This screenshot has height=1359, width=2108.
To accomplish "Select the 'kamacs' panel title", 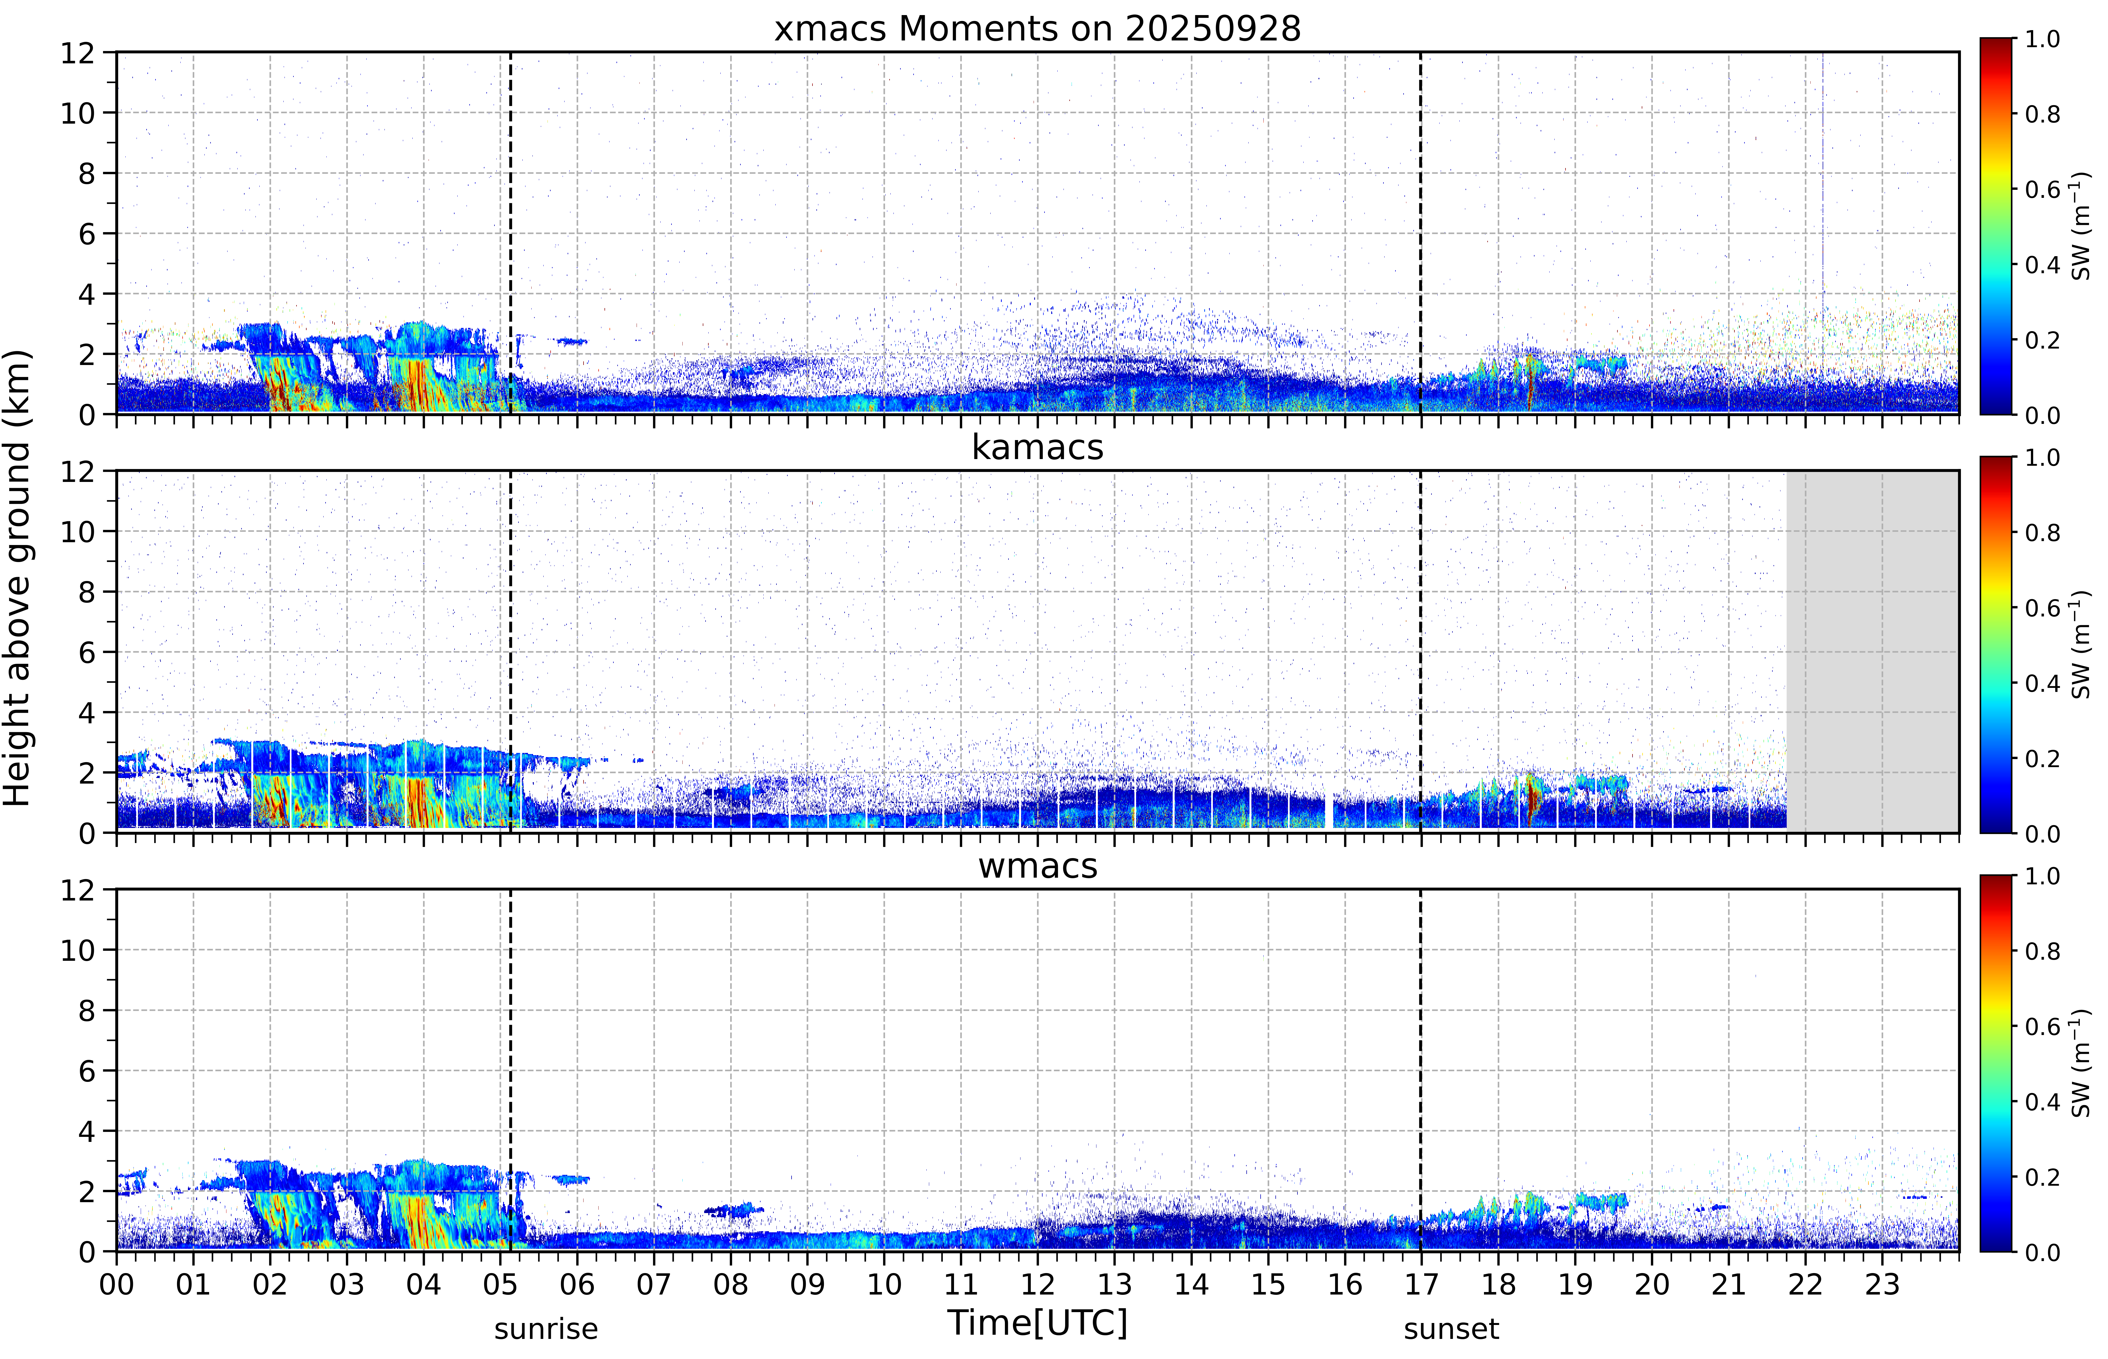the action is pyautogui.click(x=1037, y=447).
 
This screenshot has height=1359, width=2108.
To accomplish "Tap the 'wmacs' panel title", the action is pyautogui.click(x=1037, y=866).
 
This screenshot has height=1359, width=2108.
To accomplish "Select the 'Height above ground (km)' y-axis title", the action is pyautogui.click(x=18, y=578).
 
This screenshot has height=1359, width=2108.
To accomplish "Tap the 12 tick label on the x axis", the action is pyautogui.click(x=1037, y=1284).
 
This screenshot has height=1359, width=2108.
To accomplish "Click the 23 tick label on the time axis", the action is pyautogui.click(x=1882, y=1284).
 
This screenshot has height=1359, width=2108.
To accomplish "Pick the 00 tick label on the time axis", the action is pyautogui.click(x=116, y=1284).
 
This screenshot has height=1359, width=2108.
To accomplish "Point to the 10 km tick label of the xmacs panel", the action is pyautogui.click(x=78, y=113).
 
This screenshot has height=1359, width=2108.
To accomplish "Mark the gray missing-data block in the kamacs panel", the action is pyautogui.click(x=1872, y=651).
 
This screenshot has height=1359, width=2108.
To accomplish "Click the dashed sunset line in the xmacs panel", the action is pyautogui.click(x=1420, y=233).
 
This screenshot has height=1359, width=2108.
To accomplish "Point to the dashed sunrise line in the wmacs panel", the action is pyautogui.click(x=510, y=1070).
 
